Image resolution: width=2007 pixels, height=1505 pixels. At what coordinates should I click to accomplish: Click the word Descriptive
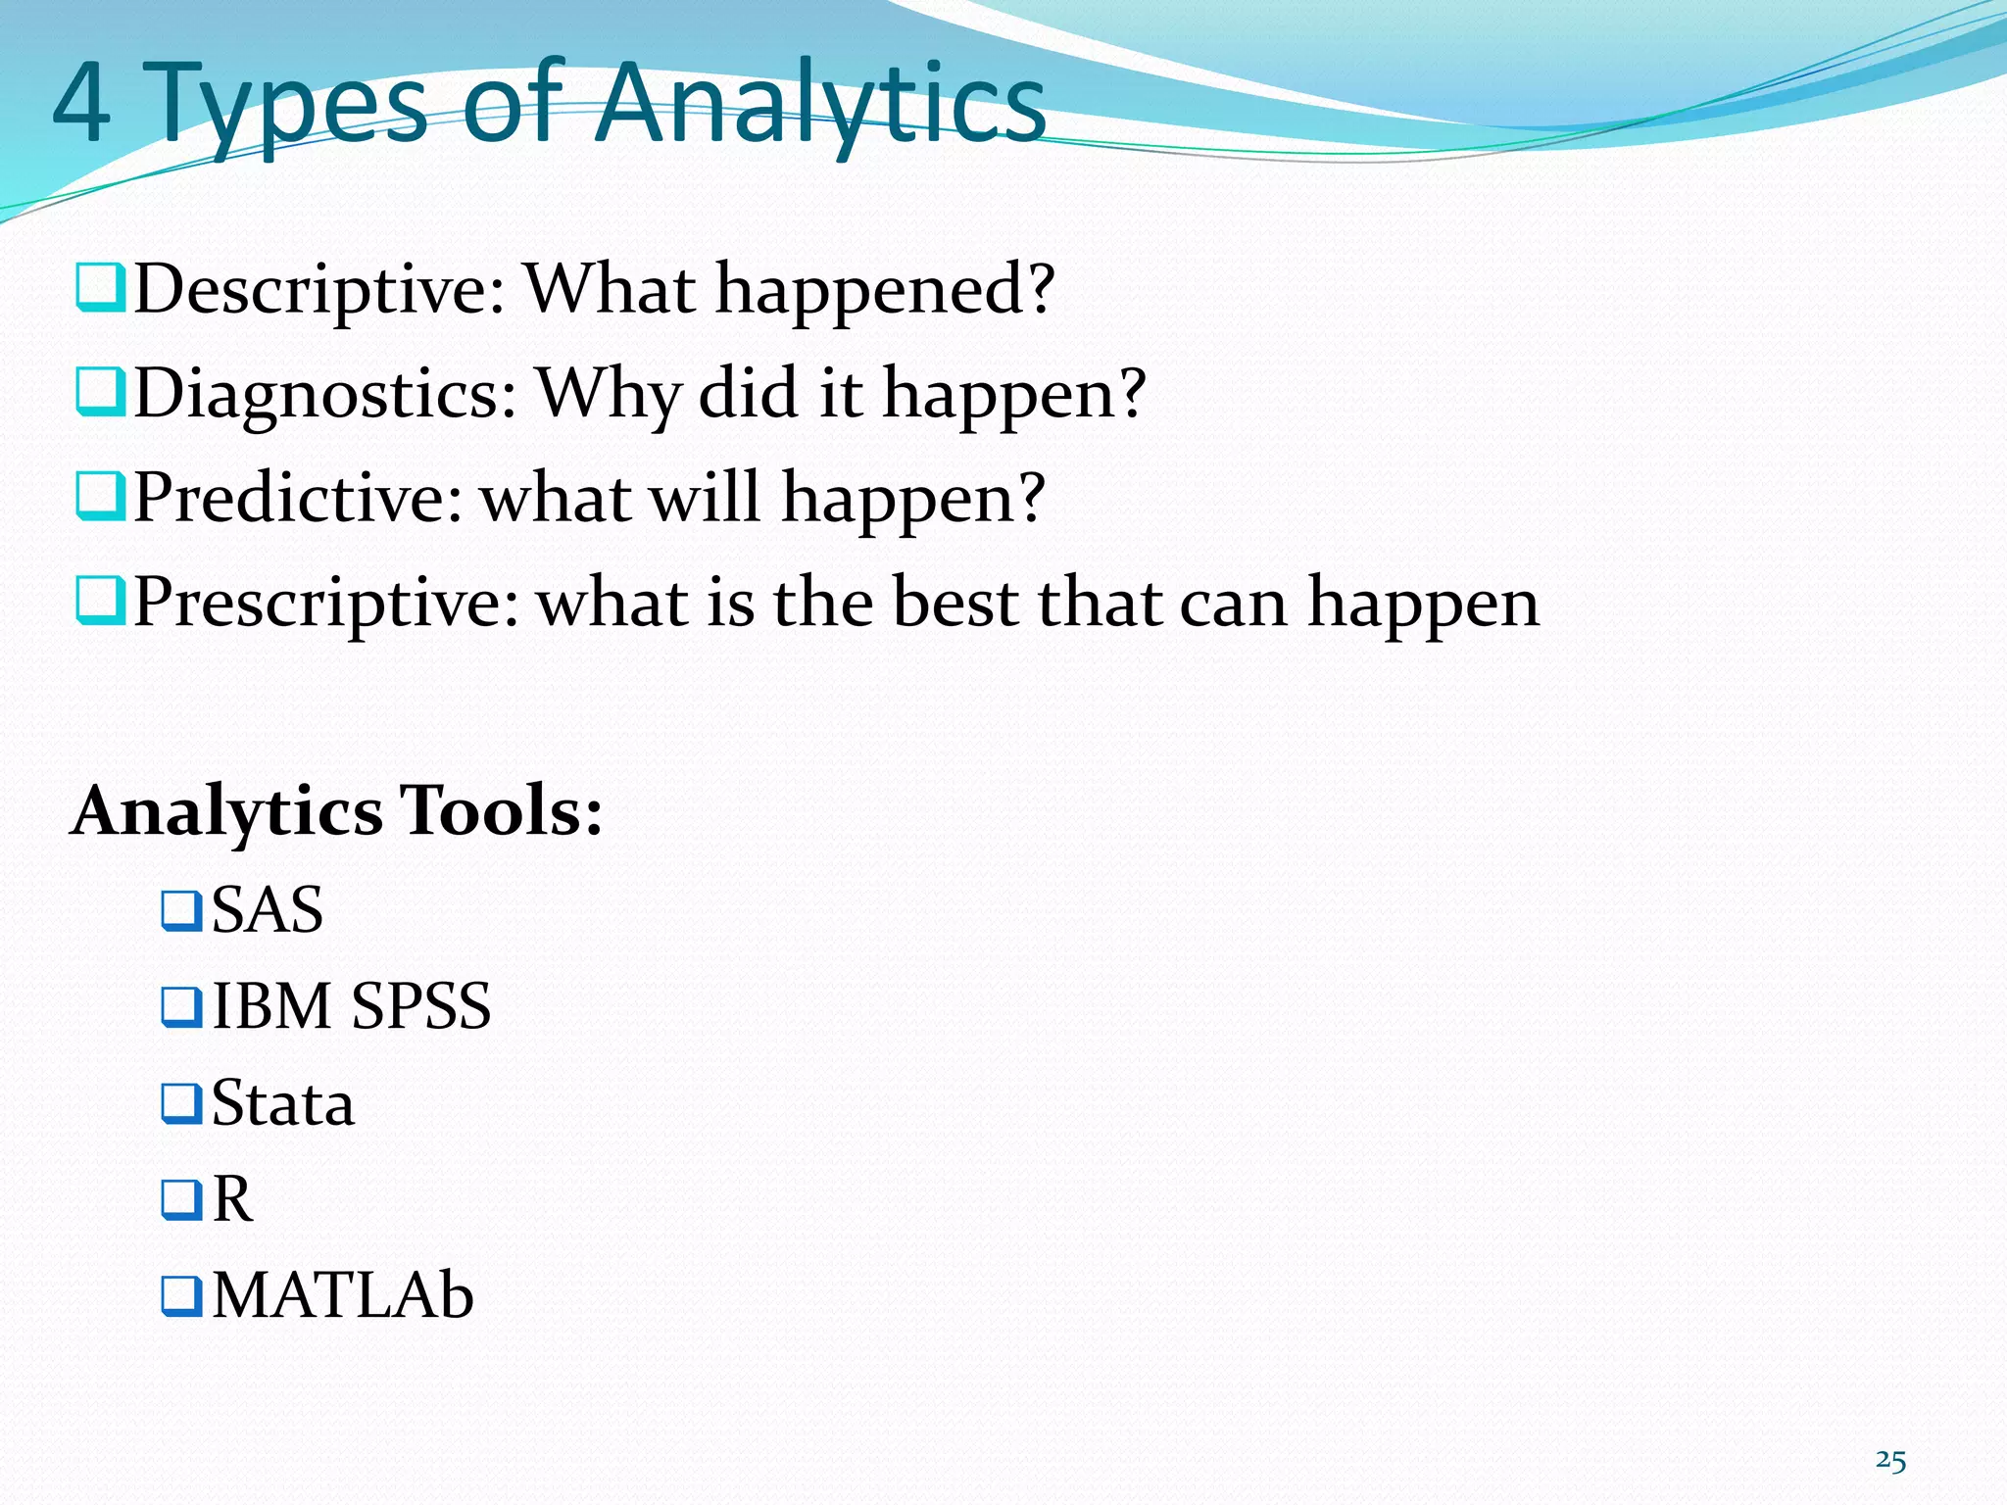click(x=318, y=290)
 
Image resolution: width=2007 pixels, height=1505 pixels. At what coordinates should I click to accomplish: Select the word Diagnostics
click(x=324, y=394)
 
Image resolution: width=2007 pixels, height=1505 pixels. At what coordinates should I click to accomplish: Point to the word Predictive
click(x=297, y=498)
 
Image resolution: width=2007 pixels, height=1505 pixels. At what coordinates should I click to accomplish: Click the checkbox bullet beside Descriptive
click(x=100, y=287)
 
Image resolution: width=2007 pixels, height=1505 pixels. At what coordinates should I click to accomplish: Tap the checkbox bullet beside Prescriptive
click(x=100, y=601)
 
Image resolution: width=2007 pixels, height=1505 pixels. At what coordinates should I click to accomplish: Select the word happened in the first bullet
click(x=884, y=290)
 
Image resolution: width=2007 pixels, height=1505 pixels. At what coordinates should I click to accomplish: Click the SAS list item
click(x=267, y=909)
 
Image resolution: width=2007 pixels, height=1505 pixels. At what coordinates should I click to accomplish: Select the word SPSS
click(x=420, y=1006)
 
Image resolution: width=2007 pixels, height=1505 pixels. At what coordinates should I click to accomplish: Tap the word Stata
click(x=282, y=1103)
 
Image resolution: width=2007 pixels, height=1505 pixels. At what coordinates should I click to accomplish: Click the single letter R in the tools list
click(x=232, y=1198)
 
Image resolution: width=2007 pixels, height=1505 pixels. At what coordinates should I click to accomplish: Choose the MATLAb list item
click(x=342, y=1295)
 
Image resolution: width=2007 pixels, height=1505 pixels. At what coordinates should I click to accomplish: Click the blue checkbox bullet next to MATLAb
click(x=181, y=1295)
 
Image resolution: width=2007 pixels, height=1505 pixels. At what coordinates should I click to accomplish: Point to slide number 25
click(x=1890, y=1461)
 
